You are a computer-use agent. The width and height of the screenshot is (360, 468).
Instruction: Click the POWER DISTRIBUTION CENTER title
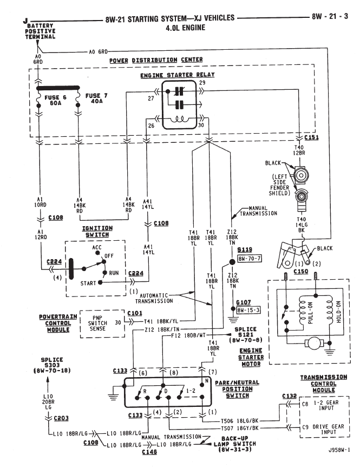coord(156,60)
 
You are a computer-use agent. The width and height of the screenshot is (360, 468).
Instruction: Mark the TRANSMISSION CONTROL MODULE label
coord(324,385)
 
